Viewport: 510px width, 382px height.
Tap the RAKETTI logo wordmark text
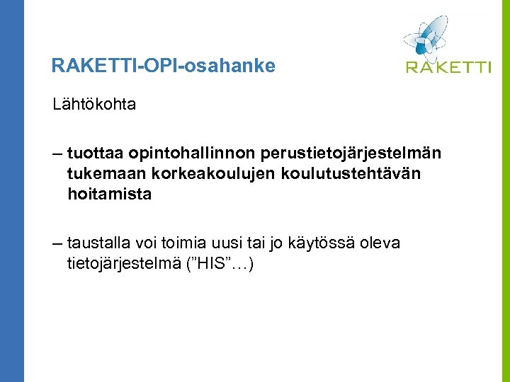click(x=448, y=67)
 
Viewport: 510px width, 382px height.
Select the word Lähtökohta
click(x=94, y=105)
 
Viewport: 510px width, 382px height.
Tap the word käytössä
click(x=327, y=244)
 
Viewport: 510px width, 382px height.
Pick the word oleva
click(x=381, y=243)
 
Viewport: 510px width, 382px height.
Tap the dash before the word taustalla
click(x=57, y=244)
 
